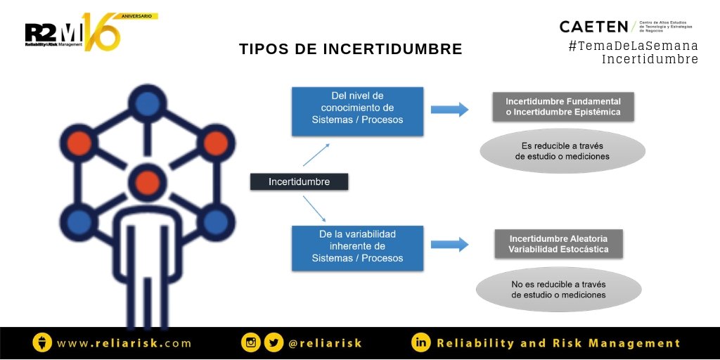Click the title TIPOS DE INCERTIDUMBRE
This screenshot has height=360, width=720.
point(350,49)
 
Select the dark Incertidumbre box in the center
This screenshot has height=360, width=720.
point(299,182)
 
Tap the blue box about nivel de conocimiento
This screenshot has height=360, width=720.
point(357,111)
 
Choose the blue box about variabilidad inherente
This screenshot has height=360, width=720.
point(357,247)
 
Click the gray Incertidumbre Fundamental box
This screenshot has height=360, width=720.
point(562,106)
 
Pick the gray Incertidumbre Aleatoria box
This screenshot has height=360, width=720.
point(558,243)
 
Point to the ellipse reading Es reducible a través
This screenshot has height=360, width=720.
point(562,151)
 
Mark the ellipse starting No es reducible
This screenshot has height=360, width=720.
point(558,290)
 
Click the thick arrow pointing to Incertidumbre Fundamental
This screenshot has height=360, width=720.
point(449,109)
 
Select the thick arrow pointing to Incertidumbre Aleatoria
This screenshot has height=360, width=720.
point(449,244)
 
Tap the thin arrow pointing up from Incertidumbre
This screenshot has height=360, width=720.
point(316,155)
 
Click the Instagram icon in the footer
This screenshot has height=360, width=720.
point(250,342)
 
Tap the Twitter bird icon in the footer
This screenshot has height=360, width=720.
point(274,342)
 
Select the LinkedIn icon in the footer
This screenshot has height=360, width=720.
point(421,342)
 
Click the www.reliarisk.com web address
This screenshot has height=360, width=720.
point(124,343)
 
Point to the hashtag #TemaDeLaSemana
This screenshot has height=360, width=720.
point(633,46)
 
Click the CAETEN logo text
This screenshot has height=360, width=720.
point(593,27)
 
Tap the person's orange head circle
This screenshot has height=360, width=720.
point(147,182)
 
